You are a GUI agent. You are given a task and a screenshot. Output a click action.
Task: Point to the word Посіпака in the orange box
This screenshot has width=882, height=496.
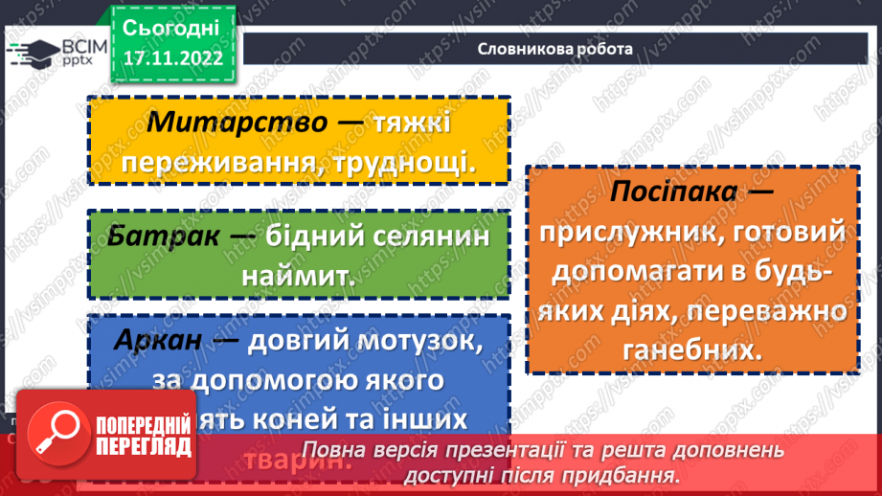click(x=675, y=192)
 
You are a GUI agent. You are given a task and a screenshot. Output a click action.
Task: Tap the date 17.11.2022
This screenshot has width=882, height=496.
click(x=172, y=58)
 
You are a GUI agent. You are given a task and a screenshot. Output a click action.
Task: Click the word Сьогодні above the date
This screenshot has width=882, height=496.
click(x=172, y=26)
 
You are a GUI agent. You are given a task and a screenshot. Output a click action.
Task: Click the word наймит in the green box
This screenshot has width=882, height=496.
click(x=297, y=277)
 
